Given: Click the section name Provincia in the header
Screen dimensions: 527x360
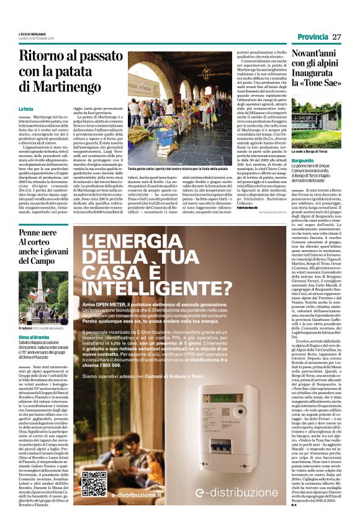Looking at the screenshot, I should pyautogui.click(x=312, y=37).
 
